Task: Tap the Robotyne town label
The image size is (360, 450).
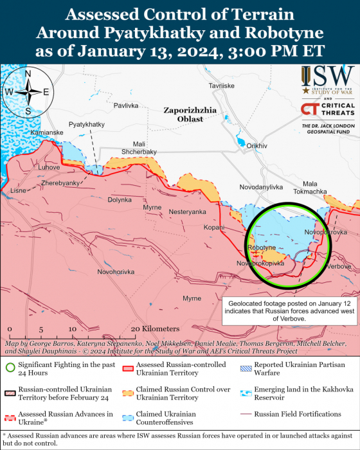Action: coord(261,248)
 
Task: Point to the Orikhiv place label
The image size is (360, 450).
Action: coord(256,146)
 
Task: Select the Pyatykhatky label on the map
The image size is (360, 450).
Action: coord(87,124)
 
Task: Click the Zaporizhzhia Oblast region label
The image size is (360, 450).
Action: coord(183,114)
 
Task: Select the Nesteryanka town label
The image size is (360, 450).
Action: coord(187,212)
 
